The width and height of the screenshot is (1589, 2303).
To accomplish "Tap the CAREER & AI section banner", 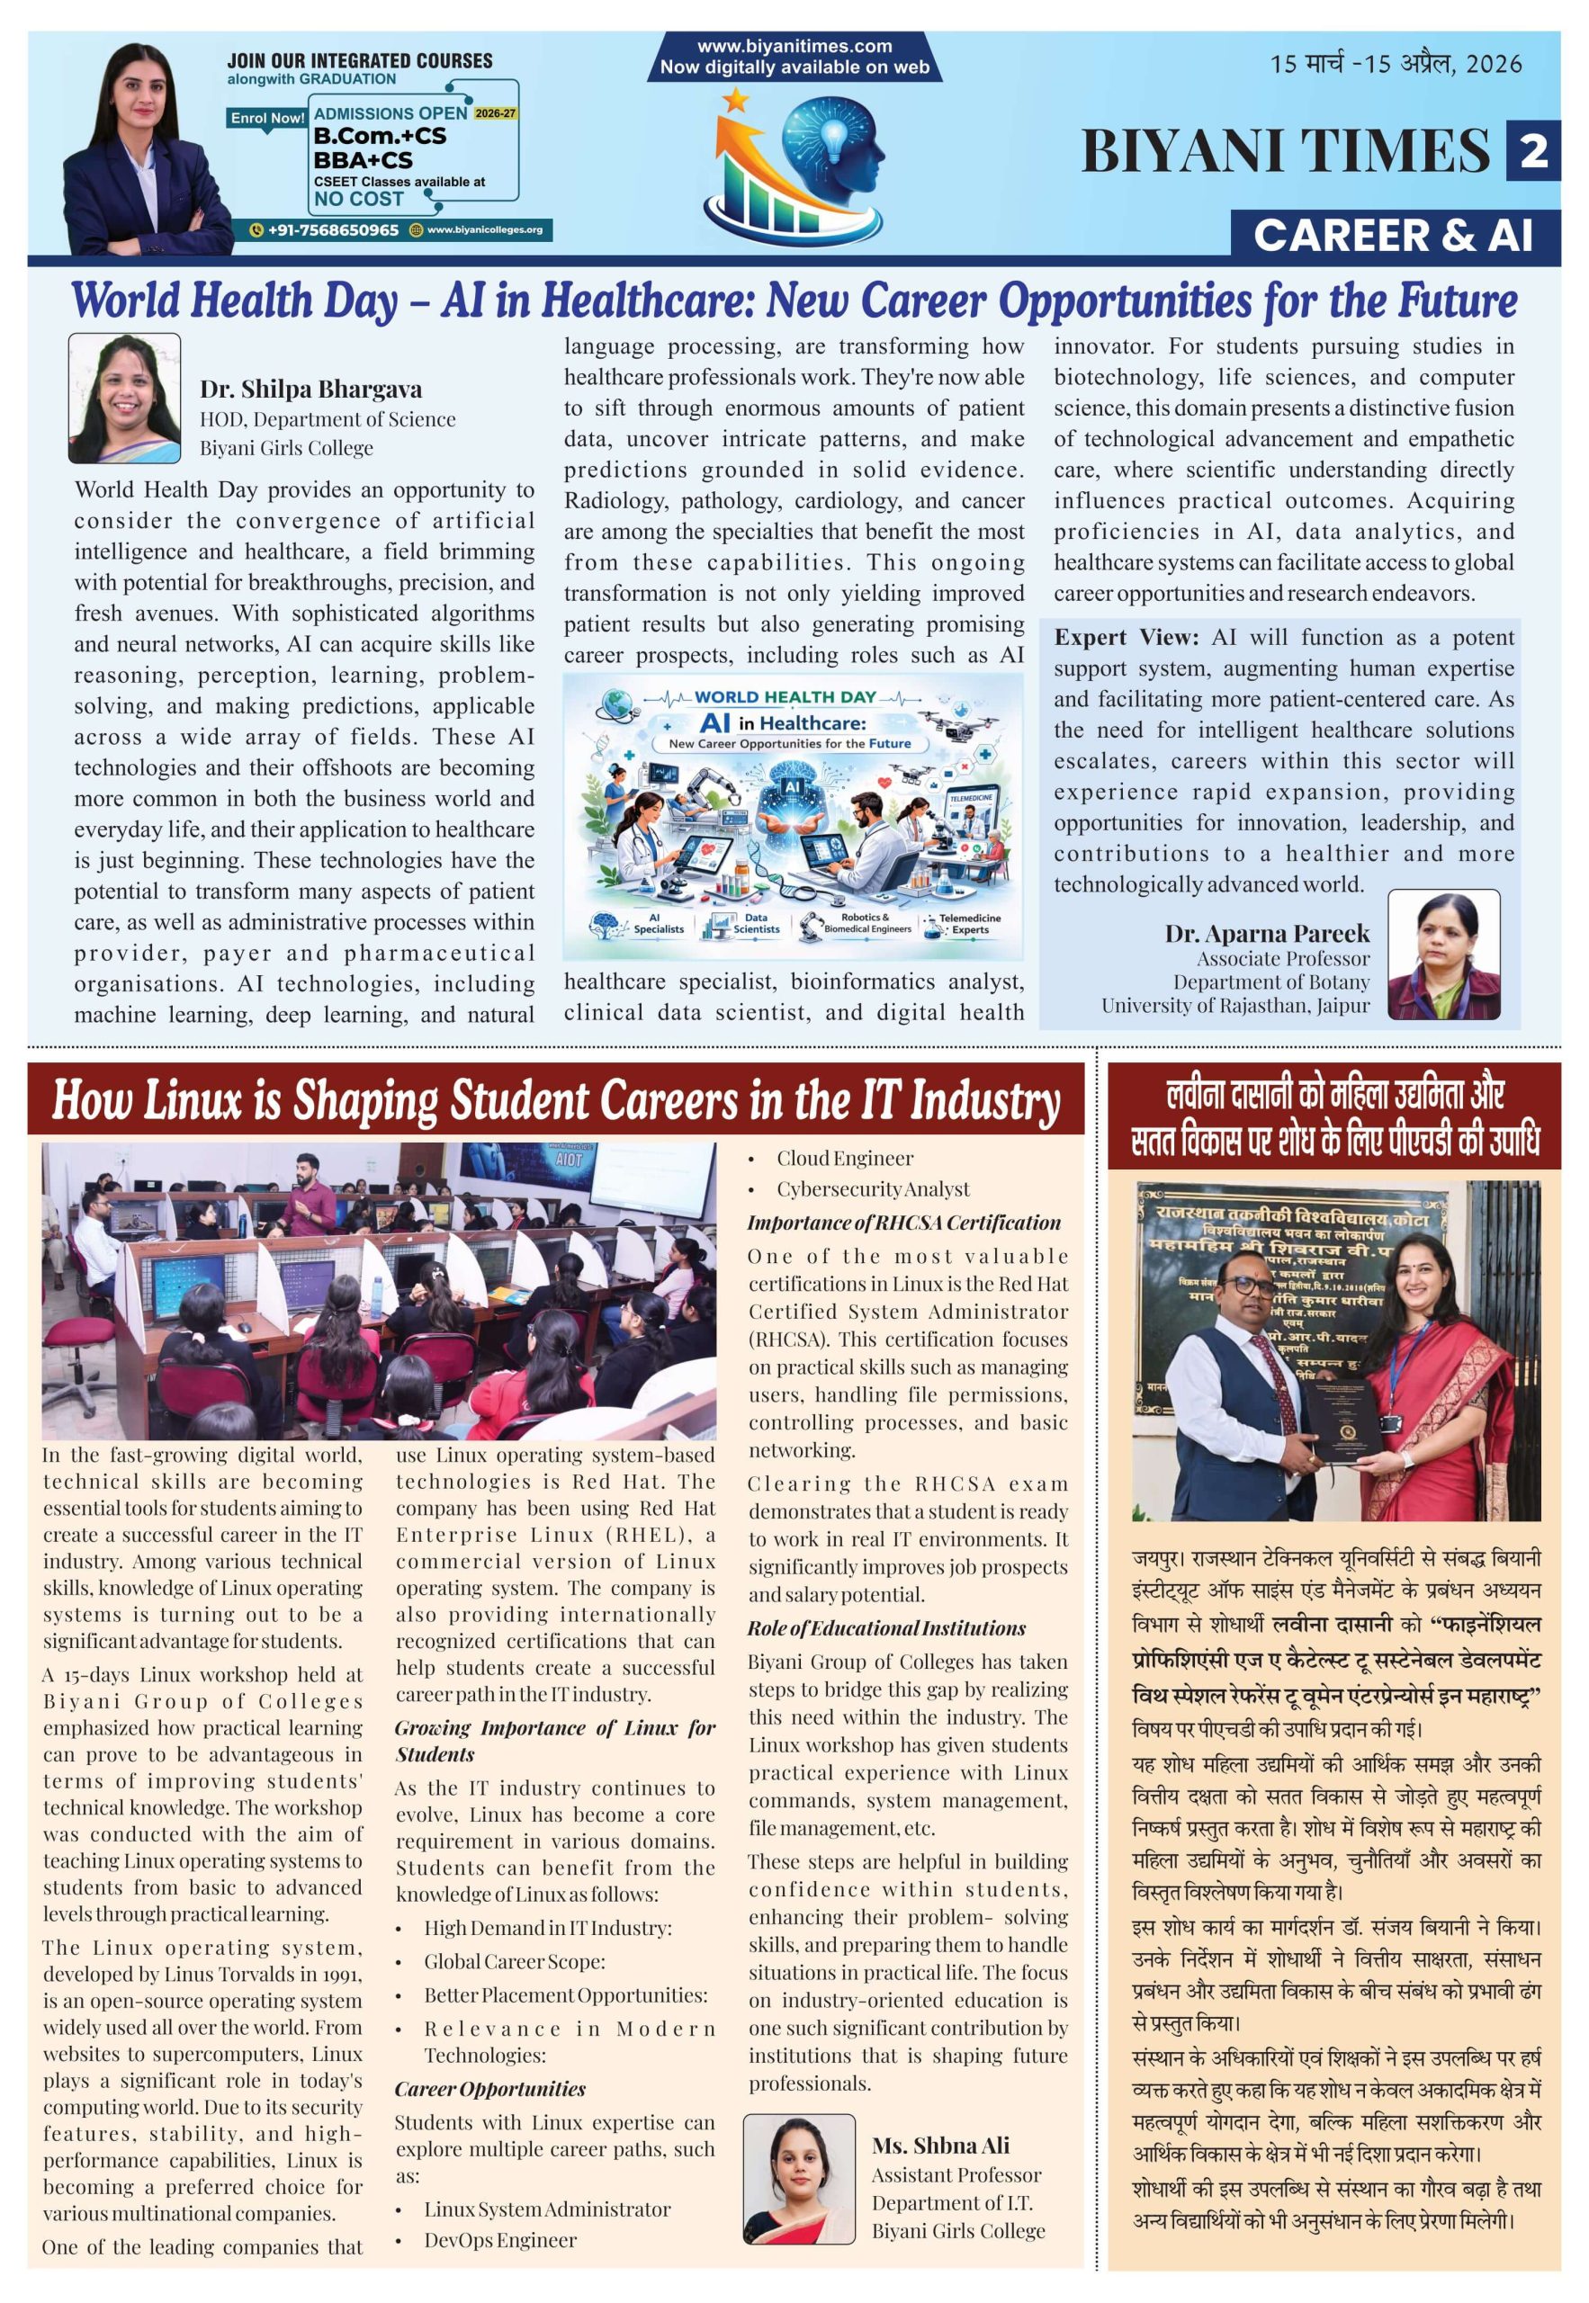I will click(x=1393, y=236).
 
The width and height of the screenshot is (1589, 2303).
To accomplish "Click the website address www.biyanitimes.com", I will click(x=794, y=46).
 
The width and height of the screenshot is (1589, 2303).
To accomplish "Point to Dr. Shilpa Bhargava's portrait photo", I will click(x=124, y=399).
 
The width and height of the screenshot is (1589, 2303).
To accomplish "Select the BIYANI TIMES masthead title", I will click(x=1286, y=151).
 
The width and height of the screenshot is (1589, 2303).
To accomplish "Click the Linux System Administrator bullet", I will click(x=546, y=2209).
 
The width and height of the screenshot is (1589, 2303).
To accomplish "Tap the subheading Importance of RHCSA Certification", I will click(x=904, y=1223).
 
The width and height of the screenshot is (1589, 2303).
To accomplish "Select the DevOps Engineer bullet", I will click(x=499, y=2239).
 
